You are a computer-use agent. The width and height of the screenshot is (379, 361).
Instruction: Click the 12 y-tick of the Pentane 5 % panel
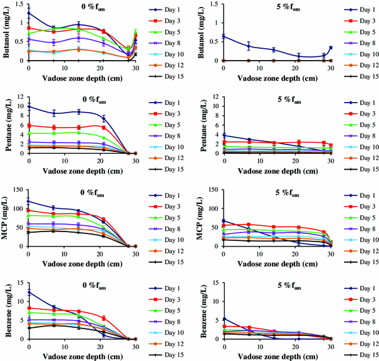[215, 96]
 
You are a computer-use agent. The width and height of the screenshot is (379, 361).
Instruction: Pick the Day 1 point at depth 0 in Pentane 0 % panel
[28, 106]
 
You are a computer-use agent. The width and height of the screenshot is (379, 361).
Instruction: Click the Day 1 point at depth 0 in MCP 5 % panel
[224, 220]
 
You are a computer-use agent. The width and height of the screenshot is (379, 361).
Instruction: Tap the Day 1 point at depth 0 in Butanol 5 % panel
[224, 36]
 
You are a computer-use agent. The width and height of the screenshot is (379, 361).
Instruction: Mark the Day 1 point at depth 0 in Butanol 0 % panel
[28, 13]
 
